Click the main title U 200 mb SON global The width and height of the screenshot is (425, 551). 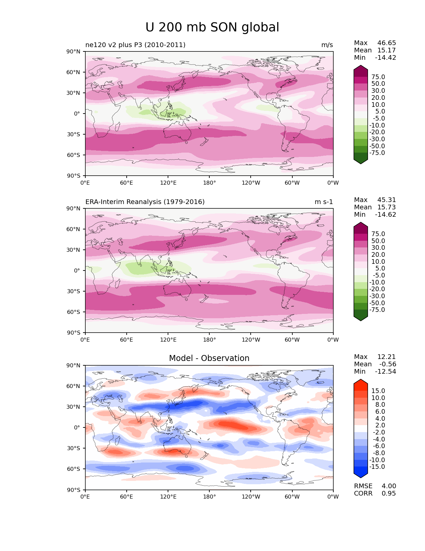(x=212, y=27)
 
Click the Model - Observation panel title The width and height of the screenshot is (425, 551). (x=209, y=358)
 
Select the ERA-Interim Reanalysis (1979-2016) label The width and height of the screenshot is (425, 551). (x=145, y=202)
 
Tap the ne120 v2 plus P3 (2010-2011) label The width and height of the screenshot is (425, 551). (x=135, y=45)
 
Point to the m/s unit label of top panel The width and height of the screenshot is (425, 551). (x=327, y=45)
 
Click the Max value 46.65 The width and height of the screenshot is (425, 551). (x=387, y=43)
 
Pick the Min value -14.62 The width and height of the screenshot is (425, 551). (x=386, y=214)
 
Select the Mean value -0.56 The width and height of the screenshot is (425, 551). (x=388, y=364)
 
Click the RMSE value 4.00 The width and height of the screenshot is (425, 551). (x=389, y=486)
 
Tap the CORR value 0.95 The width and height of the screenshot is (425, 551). (x=389, y=493)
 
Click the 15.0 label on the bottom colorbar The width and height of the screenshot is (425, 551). (x=378, y=391)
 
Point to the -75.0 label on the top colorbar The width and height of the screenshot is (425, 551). (x=377, y=153)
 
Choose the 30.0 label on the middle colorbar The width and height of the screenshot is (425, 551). (x=378, y=247)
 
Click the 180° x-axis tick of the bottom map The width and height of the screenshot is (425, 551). (x=209, y=497)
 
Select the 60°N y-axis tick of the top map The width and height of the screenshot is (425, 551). (x=74, y=72)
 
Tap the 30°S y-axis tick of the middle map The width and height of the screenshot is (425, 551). (x=74, y=291)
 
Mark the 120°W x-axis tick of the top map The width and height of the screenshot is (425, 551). (x=251, y=183)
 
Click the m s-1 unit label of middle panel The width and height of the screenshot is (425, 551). (x=324, y=202)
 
